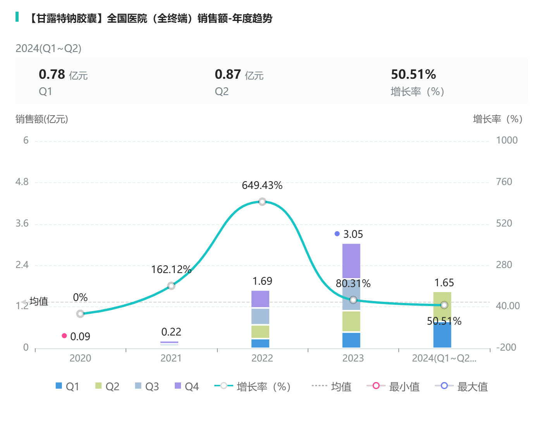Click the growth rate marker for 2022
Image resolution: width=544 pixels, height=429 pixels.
tap(262, 202)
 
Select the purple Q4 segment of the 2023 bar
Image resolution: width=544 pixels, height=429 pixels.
tap(351, 261)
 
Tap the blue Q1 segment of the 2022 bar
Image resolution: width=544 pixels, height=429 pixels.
tap(260, 343)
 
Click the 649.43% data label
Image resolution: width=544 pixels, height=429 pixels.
tap(262, 185)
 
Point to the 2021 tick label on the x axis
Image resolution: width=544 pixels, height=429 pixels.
tap(171, 358)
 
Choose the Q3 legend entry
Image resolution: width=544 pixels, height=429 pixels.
tap(147, 386)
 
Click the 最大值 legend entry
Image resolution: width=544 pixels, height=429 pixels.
tap(461, 386)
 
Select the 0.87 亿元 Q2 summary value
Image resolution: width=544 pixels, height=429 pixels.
tap(239, 74)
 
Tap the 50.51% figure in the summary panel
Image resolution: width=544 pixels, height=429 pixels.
tap(413, 74)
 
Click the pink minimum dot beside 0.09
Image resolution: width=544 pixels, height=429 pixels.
tap(64, 336)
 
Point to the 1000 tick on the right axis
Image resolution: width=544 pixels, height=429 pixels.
tap(507, 140)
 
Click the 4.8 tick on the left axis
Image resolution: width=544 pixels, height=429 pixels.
tap(22, 182)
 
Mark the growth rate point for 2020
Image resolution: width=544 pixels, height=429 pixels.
tap(80, 314)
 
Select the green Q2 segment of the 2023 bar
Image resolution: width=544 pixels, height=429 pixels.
tap(351, 321)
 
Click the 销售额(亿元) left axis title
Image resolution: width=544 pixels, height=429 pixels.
tap(42, 119)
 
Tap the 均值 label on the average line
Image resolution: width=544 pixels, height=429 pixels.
tap(39, 301)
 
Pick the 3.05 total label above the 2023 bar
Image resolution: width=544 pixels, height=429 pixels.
tap(353, 234)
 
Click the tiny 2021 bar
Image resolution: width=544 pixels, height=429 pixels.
tap(169, 343)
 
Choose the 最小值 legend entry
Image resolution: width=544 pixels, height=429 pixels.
tap(393, 386)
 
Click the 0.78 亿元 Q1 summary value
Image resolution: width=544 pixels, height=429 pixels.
tap(63, 74)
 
